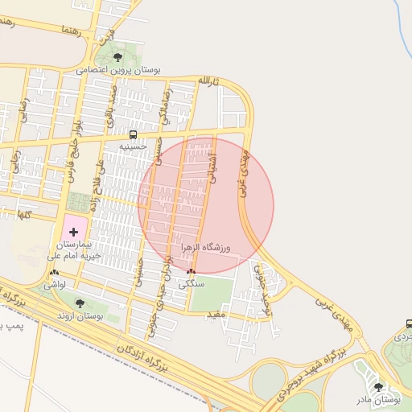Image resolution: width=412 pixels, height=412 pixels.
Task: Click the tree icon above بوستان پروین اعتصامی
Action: point(118,56)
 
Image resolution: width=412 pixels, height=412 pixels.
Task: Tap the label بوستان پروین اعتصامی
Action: point(119,70)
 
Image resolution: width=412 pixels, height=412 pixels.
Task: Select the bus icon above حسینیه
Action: point(133,134)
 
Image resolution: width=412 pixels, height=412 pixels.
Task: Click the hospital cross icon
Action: point(74,232)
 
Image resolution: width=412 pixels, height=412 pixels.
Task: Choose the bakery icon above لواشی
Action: point(54,273)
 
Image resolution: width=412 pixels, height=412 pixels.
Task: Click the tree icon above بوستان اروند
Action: point(79,303)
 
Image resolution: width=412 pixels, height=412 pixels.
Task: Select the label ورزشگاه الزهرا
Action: point(205,248)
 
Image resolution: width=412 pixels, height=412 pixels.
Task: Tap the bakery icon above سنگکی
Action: point(191,272)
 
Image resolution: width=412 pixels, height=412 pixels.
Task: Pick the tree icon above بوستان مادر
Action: point(379,387)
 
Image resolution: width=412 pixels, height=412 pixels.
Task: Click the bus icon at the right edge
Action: point(409,323)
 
